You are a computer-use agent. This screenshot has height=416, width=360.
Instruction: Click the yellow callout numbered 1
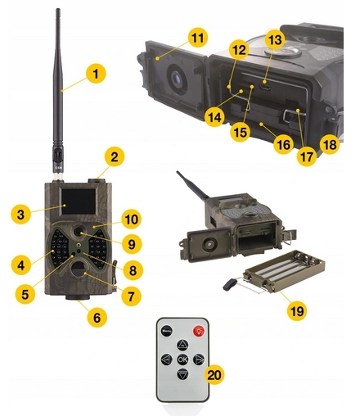(x=96, y=74)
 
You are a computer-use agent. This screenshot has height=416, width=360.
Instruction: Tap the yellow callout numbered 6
(x=97, y=317)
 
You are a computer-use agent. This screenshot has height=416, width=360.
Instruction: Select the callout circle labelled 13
(x=275, y=40)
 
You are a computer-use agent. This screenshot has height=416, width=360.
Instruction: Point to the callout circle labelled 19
(x=297, y=310)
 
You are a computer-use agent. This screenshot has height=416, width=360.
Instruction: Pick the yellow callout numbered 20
(x=214, y=374)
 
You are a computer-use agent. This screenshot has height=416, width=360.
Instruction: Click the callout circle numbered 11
(x=198, y=38)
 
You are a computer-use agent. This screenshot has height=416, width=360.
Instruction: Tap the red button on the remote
(x=199, y=331)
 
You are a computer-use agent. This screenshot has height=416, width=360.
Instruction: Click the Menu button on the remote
(x=166, y=331)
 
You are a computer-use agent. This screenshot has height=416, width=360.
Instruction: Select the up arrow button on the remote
(x=182, y=345)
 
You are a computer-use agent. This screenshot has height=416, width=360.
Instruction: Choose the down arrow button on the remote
(x=182, y=374)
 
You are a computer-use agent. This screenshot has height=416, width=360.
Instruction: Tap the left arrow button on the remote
(x=166, y=359)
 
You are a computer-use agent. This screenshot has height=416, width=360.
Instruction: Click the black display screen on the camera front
(x=79, y=201)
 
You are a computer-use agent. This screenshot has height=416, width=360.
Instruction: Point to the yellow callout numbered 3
(x=20, y=215)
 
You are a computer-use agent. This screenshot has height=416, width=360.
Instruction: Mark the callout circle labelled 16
(x=283, y=144)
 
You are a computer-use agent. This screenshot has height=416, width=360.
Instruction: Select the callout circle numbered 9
(x=132, y=244)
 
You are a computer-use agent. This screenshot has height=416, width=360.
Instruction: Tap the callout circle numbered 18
(x=330, y=144)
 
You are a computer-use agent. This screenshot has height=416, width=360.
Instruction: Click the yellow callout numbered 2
(x=115, y=157)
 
